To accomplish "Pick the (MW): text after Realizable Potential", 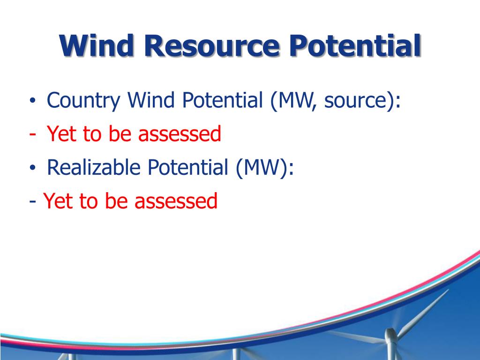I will [x=265, y=167].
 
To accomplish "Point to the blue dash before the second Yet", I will [x=32, y=202].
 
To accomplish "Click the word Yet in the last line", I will [x=59, y=202].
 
